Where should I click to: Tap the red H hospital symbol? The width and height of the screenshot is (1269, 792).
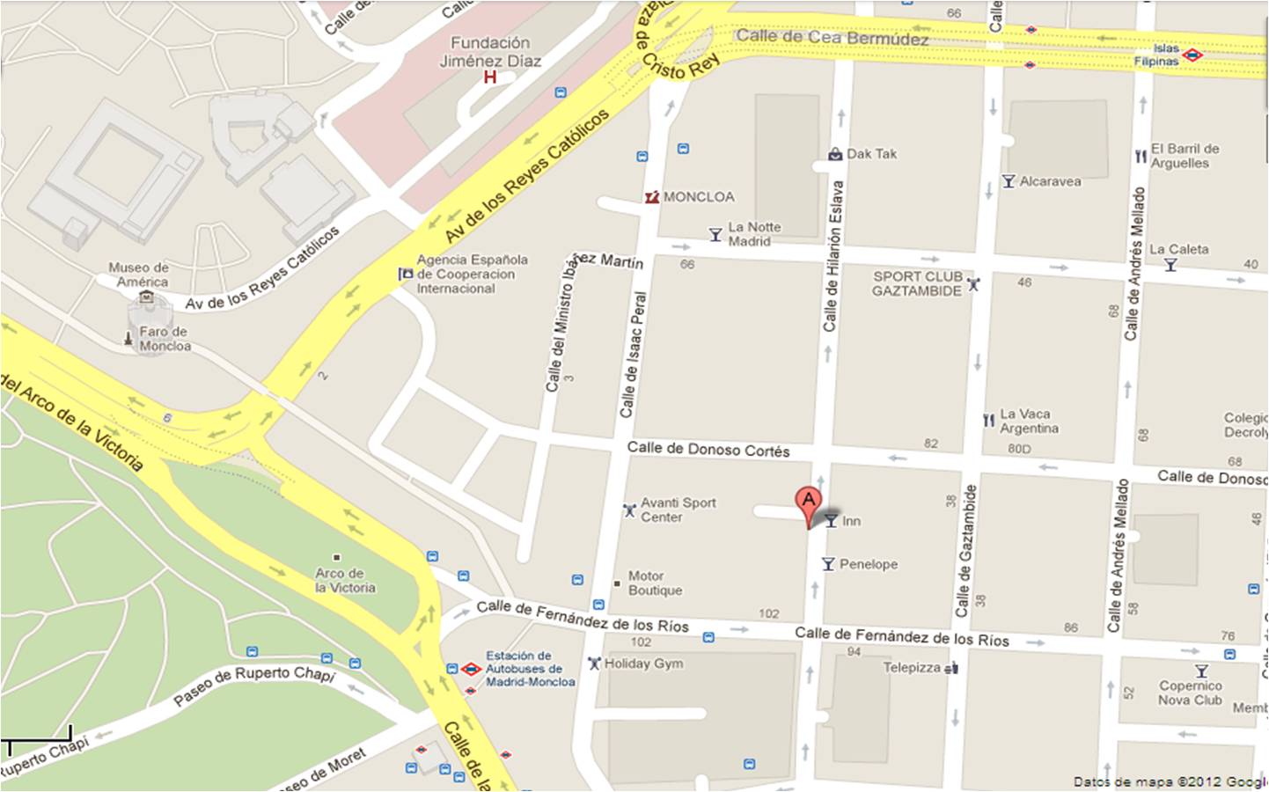pyautogui.click(x=490, y=77)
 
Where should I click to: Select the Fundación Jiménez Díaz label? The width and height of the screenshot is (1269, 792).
pyautogui.click(x=490, y=52)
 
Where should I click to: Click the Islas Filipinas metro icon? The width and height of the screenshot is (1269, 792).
pyautogui.click(x=1192, y=55)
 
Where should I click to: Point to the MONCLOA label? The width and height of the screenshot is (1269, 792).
pyautogui.click(x=698, y=197)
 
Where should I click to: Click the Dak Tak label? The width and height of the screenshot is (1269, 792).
pyautogui.click(x=871, y=154)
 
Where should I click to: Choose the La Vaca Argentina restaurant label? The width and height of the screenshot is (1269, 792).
pyautogui.click(x=1028, y=422)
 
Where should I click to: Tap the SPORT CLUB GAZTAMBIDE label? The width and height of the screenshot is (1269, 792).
pyautogui.click(x=917, y=283)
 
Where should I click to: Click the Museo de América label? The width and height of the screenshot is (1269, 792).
pyautogui.click(x=139, y=275)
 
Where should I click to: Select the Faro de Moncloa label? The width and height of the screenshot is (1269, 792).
pyautogui.click(x=164, y=339)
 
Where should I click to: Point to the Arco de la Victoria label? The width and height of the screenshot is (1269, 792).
pyautogui.click(x=345, y=580)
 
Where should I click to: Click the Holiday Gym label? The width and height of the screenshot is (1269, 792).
pyautogui.click(x=643, y=664)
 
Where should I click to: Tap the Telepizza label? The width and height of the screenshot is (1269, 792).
pyautogui.click(x=912, y=667)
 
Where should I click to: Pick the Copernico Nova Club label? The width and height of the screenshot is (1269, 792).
pyautogui.click(x=1190, y=693)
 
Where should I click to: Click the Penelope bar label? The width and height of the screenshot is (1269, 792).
pyautogui.click(x=868, y=564)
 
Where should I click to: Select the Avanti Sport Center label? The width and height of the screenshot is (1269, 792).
pyautogui.click(x=678, y=510)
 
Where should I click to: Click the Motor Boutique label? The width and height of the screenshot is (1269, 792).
pyautogui.click(x=655, y=583)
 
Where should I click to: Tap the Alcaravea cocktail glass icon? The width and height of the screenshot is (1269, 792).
pyautogui.click(x=1009, y=181)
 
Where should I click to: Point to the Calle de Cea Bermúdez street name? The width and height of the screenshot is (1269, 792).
pyautogui.click(x=832, y=37)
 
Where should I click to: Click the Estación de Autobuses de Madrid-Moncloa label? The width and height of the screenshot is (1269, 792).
pyautogui.click(x=530, y=669)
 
